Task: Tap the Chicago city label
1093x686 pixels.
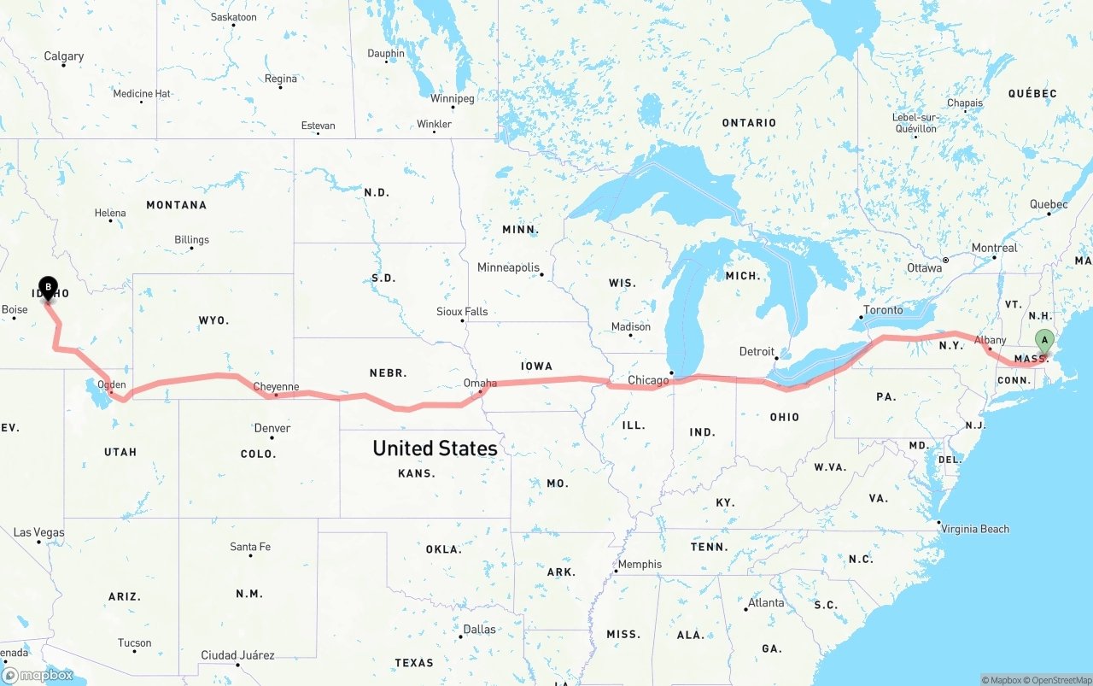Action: point(649,380)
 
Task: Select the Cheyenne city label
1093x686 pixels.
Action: point(276,387)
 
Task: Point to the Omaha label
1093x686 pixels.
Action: point(480,384)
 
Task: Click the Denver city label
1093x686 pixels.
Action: point(272,428)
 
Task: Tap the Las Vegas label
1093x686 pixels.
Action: point(38,532)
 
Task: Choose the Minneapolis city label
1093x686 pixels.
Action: point(508,267)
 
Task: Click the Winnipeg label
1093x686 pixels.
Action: point(452,98)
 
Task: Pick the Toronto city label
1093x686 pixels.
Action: point(883,310)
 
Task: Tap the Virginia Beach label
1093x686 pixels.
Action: point(975,529)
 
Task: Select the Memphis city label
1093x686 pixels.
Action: point(640,564)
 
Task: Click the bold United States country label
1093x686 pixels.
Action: point(435,449)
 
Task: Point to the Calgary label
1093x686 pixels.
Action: point(64,56)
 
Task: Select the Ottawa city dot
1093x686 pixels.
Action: point(946,260)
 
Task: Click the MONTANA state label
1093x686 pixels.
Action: point(176,205)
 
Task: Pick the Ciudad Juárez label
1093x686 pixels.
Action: point(237,655)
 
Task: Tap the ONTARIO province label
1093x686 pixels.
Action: point(749,123)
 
